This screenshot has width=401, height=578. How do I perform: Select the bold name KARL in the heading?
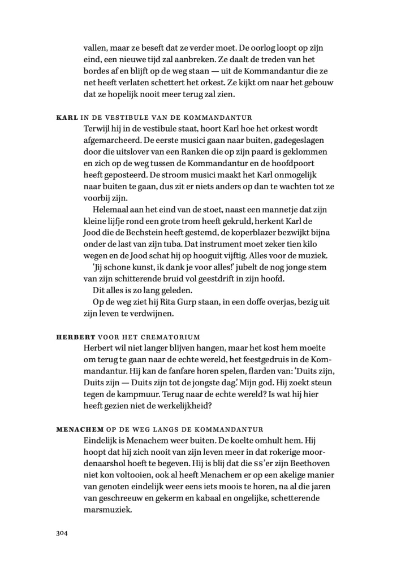point(68,118)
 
